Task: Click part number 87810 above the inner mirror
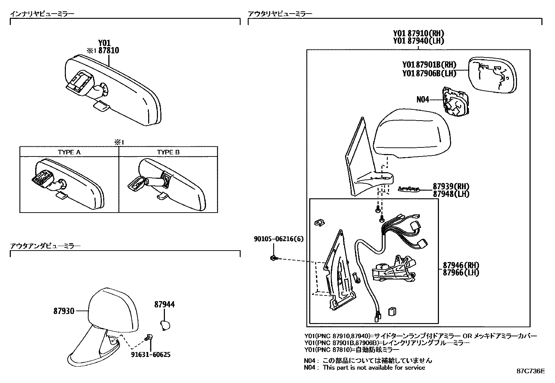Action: coord(108,51)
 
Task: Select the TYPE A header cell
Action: coord(69,152)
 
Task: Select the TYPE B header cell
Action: coord(168,152)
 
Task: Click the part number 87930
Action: coord(64,311)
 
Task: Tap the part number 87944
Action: coord(165,305)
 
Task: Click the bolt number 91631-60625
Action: coord(151,355)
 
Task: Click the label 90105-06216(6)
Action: coord(279,239)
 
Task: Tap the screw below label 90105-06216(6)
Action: coord(274,258)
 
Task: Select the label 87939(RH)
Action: coord(451,186)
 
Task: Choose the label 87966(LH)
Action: coord(461,273)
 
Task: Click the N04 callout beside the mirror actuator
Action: coord(423,100)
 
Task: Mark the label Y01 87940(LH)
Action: coord(418,41)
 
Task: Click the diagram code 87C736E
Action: coord(530,371)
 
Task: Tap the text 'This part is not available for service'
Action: coord(374,367)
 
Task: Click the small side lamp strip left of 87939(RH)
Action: coord(409,189)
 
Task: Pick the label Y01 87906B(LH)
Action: coord(429,73)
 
